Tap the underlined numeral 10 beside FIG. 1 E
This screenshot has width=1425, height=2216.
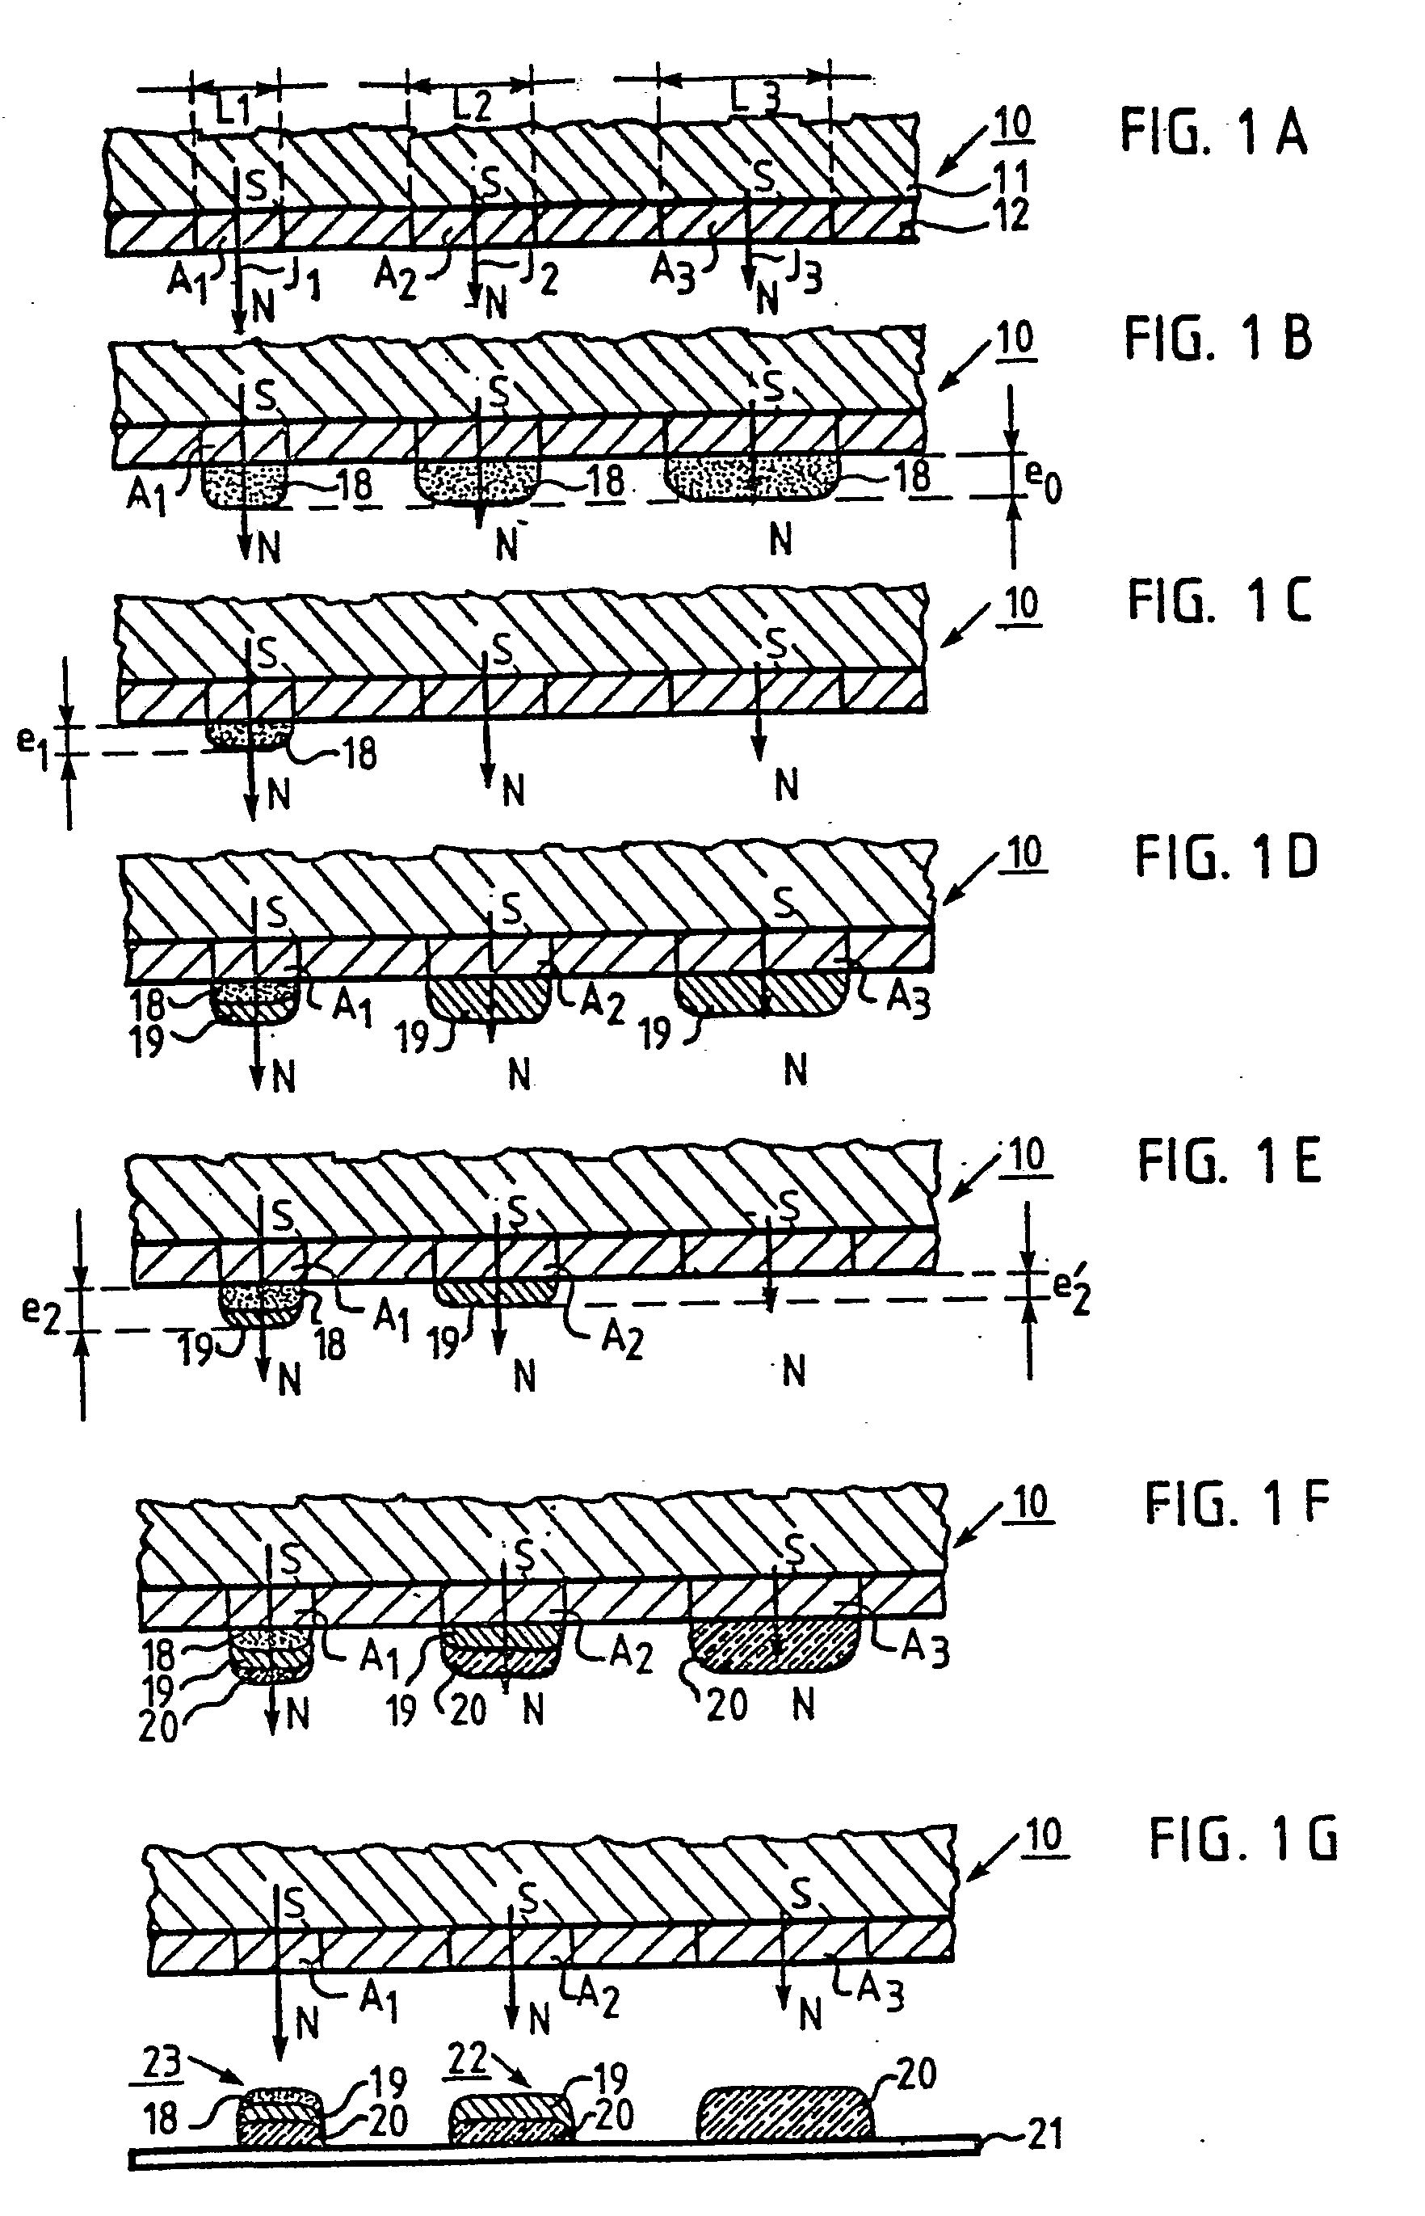(1026, 1156)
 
